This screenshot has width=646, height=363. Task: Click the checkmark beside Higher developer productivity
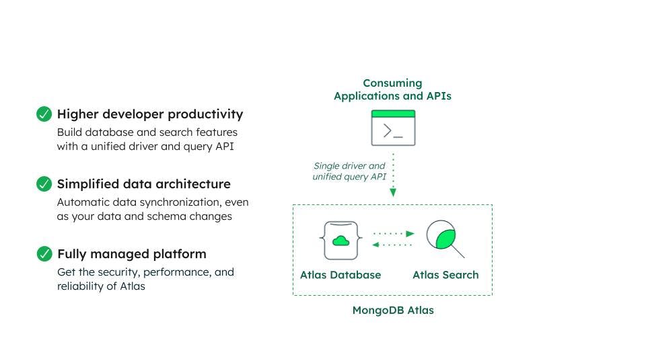[44, 114]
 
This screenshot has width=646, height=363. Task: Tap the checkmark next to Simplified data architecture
[44, 184]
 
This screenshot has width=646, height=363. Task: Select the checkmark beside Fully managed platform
[44, 253]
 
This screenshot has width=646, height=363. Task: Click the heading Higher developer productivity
[150, 114]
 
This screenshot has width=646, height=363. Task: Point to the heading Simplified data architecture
[143, 184]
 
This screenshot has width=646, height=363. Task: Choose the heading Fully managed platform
[132, 254]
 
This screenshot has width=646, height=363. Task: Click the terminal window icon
[393, 128]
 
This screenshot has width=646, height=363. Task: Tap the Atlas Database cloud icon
[340, 239]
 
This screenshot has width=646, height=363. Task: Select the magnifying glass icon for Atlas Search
[445, 239]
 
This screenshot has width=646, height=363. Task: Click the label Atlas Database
[340, 275]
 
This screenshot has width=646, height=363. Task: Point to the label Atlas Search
[445, 275]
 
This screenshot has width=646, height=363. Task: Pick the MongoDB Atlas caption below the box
[393, 311]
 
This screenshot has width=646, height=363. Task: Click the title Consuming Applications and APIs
[392, 89]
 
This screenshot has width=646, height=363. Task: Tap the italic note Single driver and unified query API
[349, 171]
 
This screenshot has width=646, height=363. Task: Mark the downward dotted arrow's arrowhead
[393, 193]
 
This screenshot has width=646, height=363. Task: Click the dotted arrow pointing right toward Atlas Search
[394, 233]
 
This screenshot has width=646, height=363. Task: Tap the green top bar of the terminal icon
[393, 114]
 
